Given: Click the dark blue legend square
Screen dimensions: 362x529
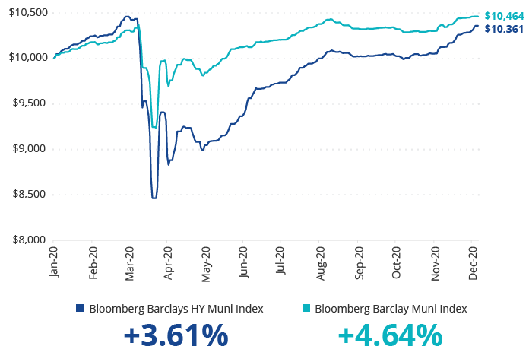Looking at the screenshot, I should (x=80, y=309).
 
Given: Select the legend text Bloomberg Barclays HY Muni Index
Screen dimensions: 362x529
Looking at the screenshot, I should (x=176, y=309).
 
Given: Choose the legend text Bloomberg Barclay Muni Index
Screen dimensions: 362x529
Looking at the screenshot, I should (x=391, y=309).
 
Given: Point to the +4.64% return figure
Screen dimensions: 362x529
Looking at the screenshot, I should (x=389, y=336).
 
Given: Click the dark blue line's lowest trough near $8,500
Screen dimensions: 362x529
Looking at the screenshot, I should (x=154, y=198).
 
